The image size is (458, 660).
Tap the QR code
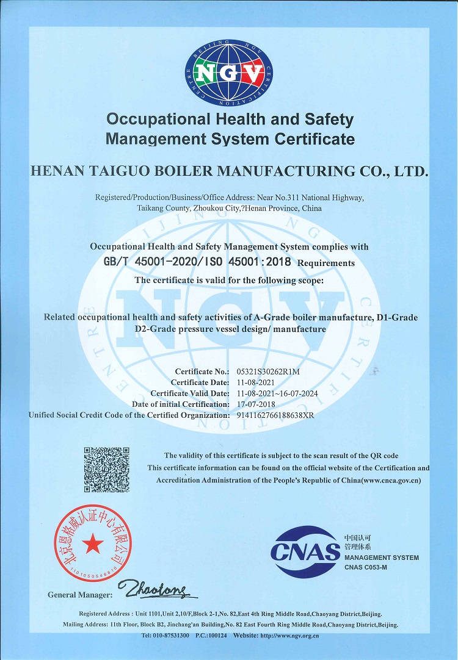(106, 470)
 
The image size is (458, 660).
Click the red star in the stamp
(93, 542)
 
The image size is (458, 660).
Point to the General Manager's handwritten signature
(157, 589)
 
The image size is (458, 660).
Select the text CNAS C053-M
(366, 568)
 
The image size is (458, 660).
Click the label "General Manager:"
(80, 595)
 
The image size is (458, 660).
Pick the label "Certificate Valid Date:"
(189, 393)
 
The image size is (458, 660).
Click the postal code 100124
(218, 636)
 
